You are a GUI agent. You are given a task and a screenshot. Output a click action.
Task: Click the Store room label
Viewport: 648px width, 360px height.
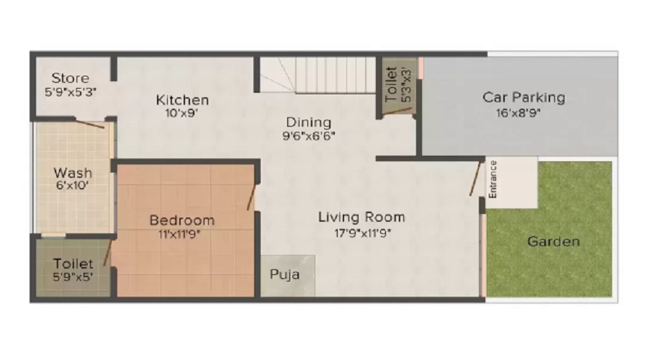pos(71,78)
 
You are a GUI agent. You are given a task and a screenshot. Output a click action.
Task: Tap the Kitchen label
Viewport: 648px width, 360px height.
pos(182,99)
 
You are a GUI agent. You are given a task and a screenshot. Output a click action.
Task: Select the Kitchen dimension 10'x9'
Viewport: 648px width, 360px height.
pos(182,112)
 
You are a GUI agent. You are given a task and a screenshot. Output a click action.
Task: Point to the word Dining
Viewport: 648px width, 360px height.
pos(309,122)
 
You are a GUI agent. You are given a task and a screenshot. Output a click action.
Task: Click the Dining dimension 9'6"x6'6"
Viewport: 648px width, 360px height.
pos(309,135)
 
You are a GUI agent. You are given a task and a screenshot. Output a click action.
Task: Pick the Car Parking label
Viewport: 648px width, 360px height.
pos(523,96)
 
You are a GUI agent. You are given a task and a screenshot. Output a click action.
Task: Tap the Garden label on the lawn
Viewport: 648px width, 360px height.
pos(554,241)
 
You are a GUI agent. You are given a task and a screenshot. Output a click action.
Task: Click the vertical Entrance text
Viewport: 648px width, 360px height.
pos(493,179)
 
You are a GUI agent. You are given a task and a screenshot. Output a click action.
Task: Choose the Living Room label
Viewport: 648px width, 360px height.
pos(361,216)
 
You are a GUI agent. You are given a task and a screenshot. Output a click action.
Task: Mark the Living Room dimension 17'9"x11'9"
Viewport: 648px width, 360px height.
pos(361,232)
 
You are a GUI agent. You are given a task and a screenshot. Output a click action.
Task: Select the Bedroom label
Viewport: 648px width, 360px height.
pos(181,220)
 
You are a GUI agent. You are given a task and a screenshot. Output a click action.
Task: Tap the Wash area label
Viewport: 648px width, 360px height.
pos(73,173)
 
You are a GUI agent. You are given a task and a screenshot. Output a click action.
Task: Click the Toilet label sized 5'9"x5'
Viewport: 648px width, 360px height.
pos(73,264)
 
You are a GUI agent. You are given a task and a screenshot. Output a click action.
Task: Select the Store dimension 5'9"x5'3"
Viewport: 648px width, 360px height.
pos(71,91)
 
